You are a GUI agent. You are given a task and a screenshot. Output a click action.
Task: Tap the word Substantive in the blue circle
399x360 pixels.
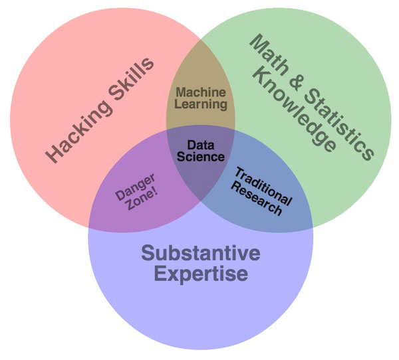pyautogui.click(x=200, y=253)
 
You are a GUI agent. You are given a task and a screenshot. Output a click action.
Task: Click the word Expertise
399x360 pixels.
pyautogui.click(x=200, y=274)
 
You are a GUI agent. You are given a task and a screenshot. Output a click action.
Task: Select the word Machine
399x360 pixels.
pyautogui.click(x=201, y=92)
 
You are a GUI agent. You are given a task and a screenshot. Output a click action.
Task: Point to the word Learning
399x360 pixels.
pyautogui.click(x=201, y=104)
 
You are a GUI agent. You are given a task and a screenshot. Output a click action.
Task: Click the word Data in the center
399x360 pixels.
pyautogui.click(x=200, y=144)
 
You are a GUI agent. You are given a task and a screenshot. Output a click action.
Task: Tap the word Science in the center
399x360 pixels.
pyautogui.click(x=200, y=157)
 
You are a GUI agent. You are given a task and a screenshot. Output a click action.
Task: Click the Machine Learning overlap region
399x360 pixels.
pyautogui.click(x=201, y=80)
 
